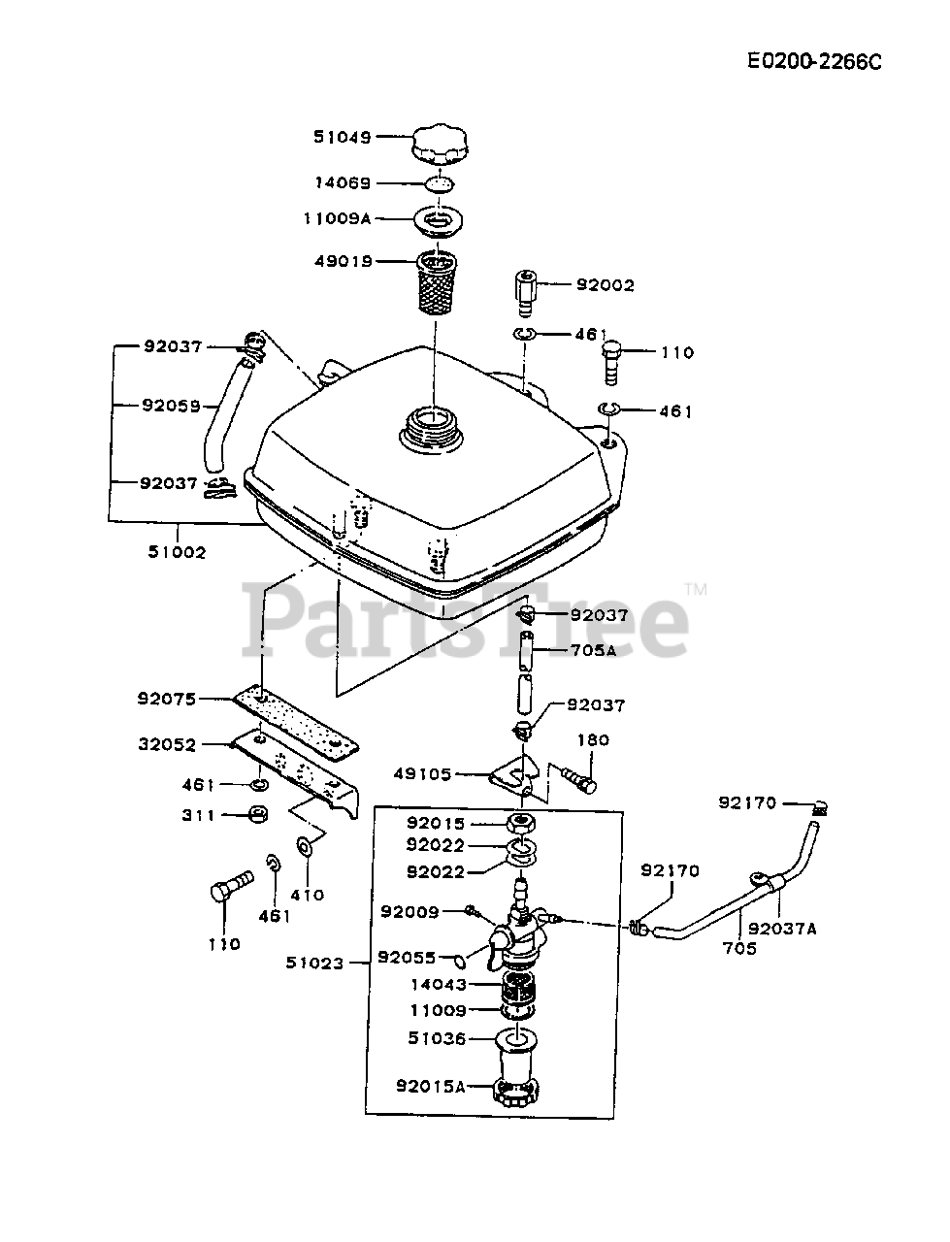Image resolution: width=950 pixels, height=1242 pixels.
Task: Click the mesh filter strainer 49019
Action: pos(442,282)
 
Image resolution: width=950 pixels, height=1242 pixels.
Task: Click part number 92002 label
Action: pos(605,285)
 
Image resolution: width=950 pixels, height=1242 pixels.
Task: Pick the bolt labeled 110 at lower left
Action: pos(229,887)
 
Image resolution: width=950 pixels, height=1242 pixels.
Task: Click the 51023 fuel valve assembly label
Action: pos(314,964)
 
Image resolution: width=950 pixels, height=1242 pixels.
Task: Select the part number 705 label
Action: pos(739,948)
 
